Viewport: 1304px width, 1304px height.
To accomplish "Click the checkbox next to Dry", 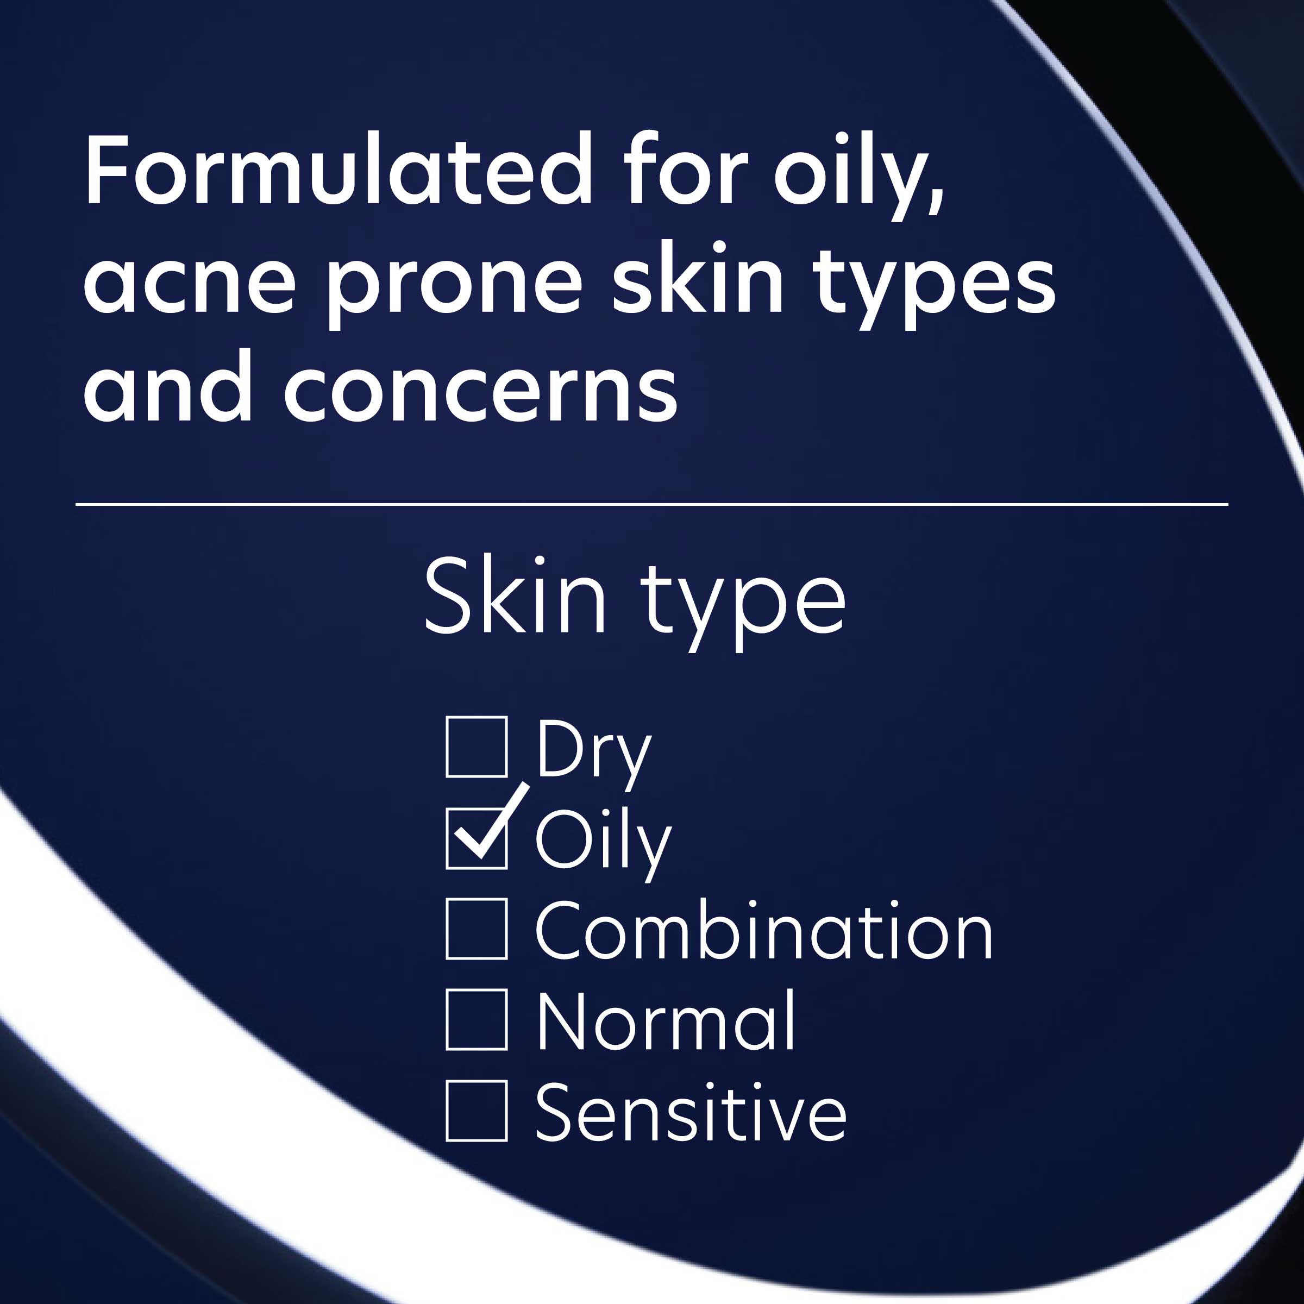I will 477,747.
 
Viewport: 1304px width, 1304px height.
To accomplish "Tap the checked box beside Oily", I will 477,838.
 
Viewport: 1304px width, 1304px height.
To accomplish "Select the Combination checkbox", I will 477,930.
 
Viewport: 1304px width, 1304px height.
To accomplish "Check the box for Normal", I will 477,1020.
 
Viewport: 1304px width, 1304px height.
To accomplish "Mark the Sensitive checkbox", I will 477,1111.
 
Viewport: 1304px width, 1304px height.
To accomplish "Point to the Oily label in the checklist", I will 603,842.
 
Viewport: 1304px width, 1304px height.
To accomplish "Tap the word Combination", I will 764,931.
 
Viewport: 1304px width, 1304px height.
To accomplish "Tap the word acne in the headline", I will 190,280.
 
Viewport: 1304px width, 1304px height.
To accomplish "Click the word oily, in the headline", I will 858,172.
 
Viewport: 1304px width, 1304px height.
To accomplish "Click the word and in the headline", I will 167,388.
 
